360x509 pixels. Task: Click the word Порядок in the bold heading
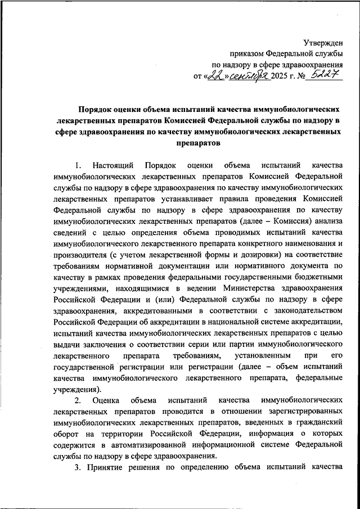click(95, 111)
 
